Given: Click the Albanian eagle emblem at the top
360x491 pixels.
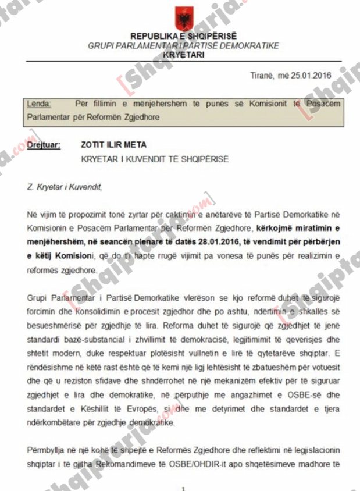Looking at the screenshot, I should pyautogui.click(x=184, y=19).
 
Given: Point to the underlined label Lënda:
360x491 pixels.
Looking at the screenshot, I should pyautogui.click(x=39, y=104).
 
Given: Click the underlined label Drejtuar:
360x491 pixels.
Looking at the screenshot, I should pyautogui.click(x=44, y=145).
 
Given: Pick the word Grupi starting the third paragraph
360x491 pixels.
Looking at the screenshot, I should pyautogui.click(x=38, y=297).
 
